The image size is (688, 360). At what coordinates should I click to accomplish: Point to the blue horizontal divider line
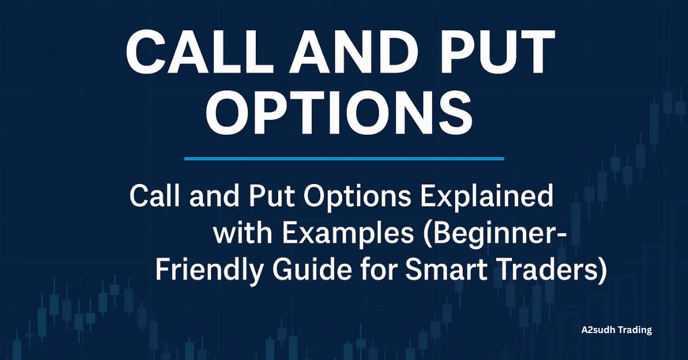(344, 158)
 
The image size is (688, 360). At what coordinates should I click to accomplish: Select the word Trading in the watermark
(635, 330)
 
